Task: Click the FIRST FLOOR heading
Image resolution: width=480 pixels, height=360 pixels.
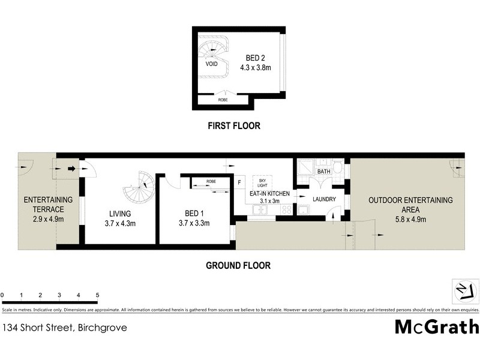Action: pyautogui.click(x=233, y=126)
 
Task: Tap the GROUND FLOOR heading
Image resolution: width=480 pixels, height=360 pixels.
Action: pyautogui.click(x=238, y=265)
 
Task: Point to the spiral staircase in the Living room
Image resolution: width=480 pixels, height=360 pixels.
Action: pyautogui.click(x=139, y=187)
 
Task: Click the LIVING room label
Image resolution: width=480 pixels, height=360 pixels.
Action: pyautogui.click(x=120, y=214)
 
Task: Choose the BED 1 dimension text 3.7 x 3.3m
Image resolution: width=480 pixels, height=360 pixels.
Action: pyautogui.click(x=196, y=224)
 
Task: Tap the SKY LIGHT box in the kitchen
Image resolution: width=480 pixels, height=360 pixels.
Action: pyautogui.click(x=262, y=182)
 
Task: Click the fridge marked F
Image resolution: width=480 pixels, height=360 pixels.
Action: pyautogui.click(x=238, y=182)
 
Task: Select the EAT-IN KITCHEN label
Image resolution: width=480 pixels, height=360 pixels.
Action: pyautogui.click(x=270, y=194)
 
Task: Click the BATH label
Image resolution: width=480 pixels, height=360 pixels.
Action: pyautogui.click(x=323, y=172)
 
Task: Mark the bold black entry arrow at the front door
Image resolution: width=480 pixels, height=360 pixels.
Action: pyautogui.click(x=71, y=169)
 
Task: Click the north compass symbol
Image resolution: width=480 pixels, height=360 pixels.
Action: pyautogui.click(x=463, y=292)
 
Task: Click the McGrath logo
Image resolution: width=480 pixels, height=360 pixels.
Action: pyautogui.click(x=436, y=327)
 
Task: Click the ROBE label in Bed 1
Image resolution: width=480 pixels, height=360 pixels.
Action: pyautogui.click(x=211, y=181)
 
